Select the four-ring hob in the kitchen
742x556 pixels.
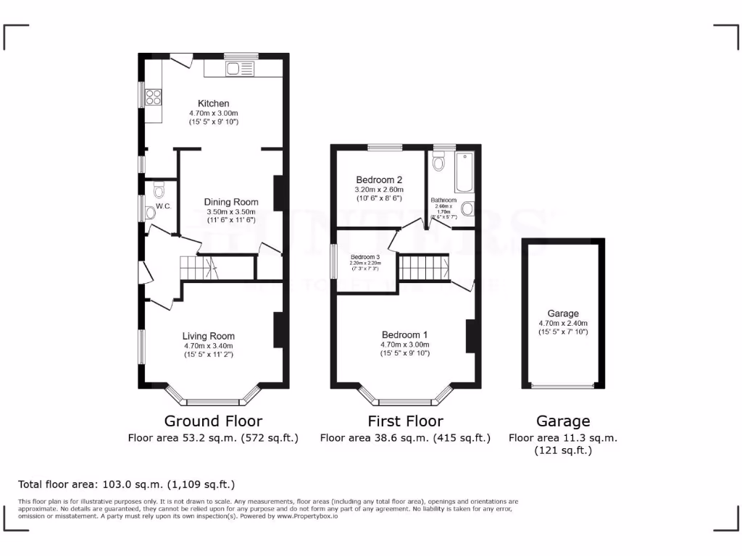click(x=154, y=96)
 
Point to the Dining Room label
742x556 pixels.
click(x=230, y=202)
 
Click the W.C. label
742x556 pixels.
click(x=162, y=206)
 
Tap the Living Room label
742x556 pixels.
click(x=208, y=336)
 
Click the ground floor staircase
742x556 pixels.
click(x=199, y=267)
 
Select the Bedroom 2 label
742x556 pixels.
click(x=379, y=180)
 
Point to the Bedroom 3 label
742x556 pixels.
click(x=365, y=257)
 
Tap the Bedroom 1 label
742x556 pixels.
click(x=404, y=334)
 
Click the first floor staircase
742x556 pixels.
click(x=424, y=267)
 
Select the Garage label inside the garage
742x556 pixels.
click(x=563, y=313)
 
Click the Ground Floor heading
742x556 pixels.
click(x=213, y=421)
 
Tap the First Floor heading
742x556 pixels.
click(x=405, y=421)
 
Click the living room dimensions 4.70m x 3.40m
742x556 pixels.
click(x=208, y=346)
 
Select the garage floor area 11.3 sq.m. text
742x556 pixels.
click(x=562, y=437)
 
